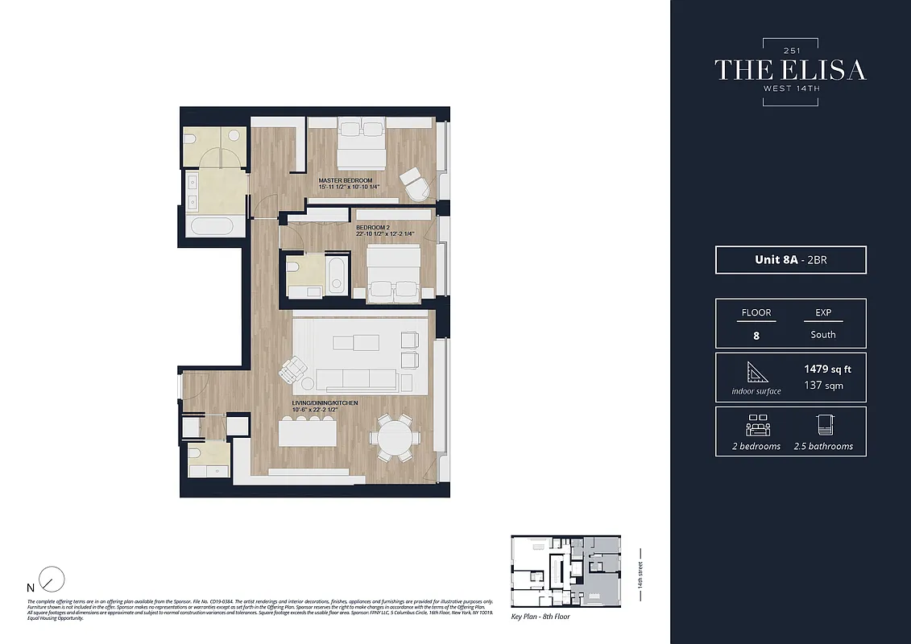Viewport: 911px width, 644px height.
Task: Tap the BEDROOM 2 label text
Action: point(373,228)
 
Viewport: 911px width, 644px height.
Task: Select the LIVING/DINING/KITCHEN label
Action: point(325,402)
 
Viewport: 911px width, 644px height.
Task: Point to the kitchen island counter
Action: point(307,434)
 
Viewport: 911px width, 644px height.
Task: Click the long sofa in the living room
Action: point(355,380)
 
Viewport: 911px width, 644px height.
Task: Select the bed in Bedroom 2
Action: point(392,274)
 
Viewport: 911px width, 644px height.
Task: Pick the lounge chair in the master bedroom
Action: point(416,184)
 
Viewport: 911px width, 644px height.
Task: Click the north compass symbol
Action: point(52,579)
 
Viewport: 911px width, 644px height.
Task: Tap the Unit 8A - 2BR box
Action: point(790,260)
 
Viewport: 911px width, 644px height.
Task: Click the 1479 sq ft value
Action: point(827,369)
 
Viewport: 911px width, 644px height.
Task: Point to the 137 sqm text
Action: point(823,386)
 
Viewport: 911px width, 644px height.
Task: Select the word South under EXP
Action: point(823,335)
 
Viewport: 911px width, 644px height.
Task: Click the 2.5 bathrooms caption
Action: point(823,446)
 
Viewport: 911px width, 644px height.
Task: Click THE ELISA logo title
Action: point(790,70)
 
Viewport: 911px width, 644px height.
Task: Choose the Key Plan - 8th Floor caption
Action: point(540,617)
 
